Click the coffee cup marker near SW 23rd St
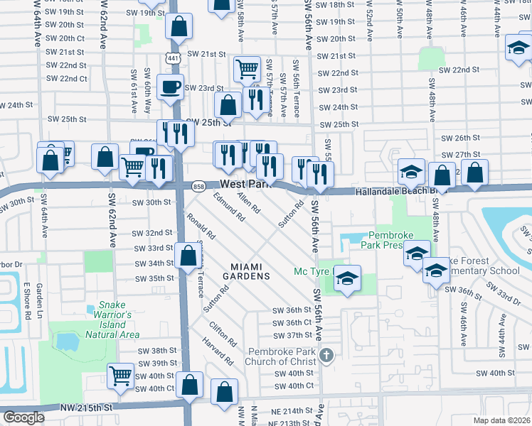tap(170, 87)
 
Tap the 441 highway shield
tap(173, 57)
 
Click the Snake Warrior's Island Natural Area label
tap(112, 324)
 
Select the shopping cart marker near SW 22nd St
tap(247, 69)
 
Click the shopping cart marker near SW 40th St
tap(120, 376)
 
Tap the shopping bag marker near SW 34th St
tap(187, 256)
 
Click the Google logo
tap(24, 417)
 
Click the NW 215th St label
tap(88, 408)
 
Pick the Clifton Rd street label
tap(223, 333)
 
